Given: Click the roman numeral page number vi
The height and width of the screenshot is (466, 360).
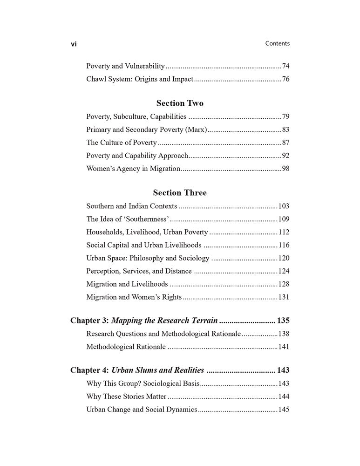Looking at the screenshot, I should click(x=74, y=44).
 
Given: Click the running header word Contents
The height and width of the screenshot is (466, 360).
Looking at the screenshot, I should click(x=277, y=43).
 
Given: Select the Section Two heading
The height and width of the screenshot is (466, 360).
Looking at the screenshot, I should click(x=180, y=103).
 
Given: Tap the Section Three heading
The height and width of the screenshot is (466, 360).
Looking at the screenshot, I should click(x=180, y=192).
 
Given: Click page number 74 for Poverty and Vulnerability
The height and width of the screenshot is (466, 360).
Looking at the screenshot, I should click(x=285, y=66).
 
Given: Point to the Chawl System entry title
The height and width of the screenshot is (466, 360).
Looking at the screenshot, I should click(x=140, y=79).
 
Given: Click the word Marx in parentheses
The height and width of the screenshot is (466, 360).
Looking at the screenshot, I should click(x=195, y=130).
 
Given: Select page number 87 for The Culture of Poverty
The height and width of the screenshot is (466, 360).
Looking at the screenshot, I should click(x=285, y=143).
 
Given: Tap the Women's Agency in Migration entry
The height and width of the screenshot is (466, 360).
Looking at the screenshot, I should click(x=133, y=169).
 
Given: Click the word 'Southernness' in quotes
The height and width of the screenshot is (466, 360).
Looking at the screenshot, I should click(x=148, y=219).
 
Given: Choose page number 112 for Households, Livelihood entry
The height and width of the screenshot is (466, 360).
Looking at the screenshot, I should click(x=284, y=232).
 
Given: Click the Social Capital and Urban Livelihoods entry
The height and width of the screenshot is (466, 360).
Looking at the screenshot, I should click(x=144, y=245).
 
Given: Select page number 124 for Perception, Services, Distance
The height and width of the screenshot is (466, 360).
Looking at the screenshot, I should click(x=284, y=271).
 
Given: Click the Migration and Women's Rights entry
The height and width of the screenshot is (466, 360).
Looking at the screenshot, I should click(x=134, y=297).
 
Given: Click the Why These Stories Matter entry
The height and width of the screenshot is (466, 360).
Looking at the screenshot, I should click(x=126, y=397).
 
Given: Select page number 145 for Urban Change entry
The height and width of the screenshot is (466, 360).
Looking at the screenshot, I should click(x=284, y=410).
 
